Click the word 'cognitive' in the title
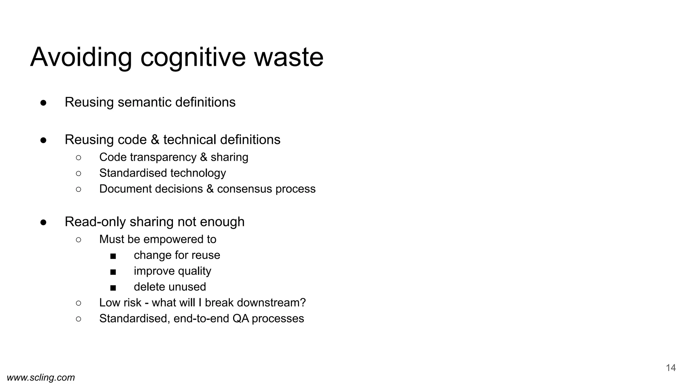click(x=193, y=57)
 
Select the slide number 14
click(x=671, y=368)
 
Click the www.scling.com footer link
click(x=41, y=378)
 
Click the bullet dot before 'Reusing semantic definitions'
click(x=43, y=103)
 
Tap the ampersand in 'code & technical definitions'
click(x=155, y=140)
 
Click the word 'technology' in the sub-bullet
click(x=198, y=173)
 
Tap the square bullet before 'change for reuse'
click(x=113, y=256)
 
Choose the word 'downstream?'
click(x=271, y=303)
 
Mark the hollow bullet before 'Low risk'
click(x=79, y=303)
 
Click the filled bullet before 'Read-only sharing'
click(x=43, y=222)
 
